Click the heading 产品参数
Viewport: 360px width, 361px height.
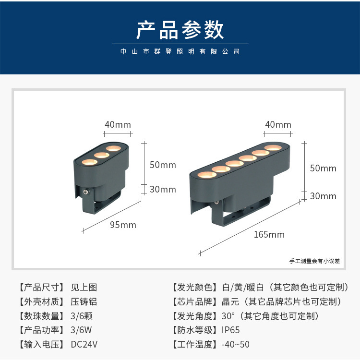coord(180,30)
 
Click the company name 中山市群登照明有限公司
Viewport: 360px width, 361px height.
coord(180,52)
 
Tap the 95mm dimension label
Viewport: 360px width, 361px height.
coord(123,225)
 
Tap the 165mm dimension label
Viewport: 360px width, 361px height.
coord(269,234)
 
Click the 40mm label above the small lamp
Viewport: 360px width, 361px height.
coord(118,125)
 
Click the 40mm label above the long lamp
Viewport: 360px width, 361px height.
coord(278,125)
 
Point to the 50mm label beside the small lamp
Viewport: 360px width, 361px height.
coord(163,165)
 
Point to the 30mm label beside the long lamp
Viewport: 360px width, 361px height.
coord(323,196)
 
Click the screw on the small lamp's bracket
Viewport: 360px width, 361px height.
coord(86,191)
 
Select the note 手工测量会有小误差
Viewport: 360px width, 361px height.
coord(314,261)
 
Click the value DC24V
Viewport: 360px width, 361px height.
coord(84,344)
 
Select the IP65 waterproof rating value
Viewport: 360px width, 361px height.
coord(230,330)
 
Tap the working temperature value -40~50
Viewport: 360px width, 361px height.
coord(235,344)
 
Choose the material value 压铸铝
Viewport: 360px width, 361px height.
coord(84,301)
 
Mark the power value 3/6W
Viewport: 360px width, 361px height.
coord(81,330)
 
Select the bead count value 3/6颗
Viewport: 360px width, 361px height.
coord(82,316)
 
